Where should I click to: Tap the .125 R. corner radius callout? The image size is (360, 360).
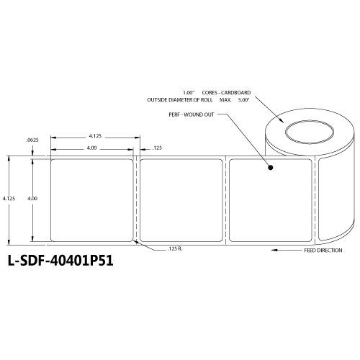(x=175, y=248)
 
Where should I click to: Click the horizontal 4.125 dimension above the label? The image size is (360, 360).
(x=94, y=135)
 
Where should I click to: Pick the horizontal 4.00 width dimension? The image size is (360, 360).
(x=92, y=148)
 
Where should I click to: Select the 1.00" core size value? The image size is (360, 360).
(x=189, y=91)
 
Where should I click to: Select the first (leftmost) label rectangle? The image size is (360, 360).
(x=91, y=199)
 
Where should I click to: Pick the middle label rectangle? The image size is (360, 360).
(x=180, y=199)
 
